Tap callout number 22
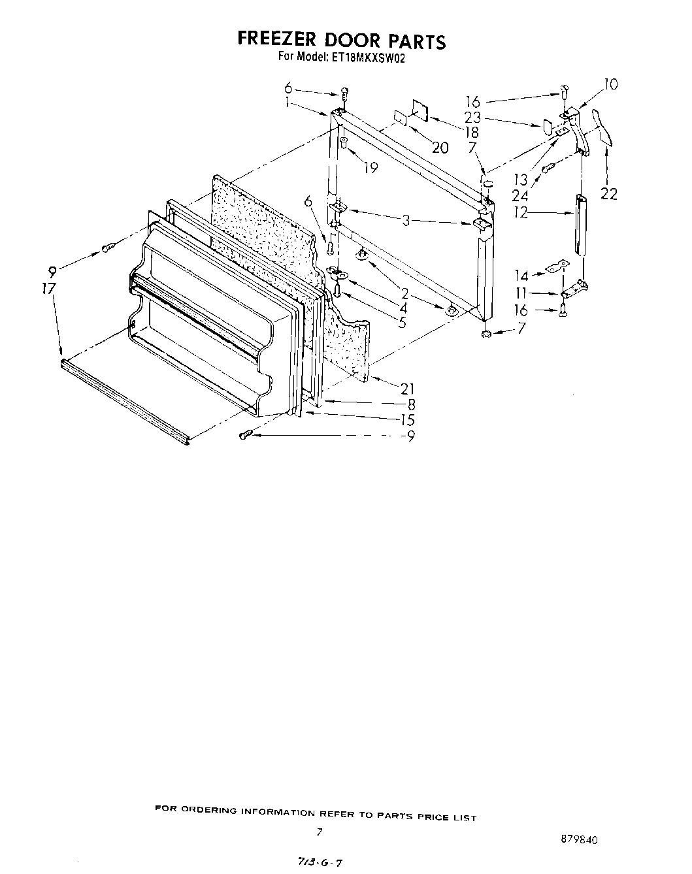coord(608,194)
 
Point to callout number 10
coord(610,84)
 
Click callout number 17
coord(50,288)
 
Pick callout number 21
coord(407,389)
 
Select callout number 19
coord(371,168)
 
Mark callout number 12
coord(520,212)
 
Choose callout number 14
coord(521,276)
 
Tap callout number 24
coord(520,195)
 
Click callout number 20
coord(440,148)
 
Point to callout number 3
coord(406,221)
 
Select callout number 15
coord(408,421)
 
